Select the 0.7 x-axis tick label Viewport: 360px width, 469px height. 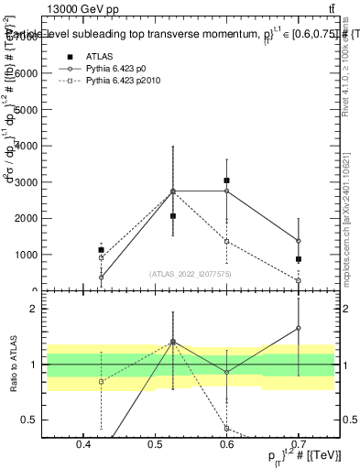coord(299,446)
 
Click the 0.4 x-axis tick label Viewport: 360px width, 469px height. coord(83,446)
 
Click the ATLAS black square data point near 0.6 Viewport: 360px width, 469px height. coord(226,180)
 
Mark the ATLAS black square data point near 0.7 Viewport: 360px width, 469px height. coord(299,259)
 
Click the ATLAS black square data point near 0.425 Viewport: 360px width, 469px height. coord(101,250)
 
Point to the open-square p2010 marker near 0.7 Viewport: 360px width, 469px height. coord(299,280)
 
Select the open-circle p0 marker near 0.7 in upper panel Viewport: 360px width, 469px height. coord(299,241)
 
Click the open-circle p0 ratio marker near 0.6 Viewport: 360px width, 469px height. coord(226,372)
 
